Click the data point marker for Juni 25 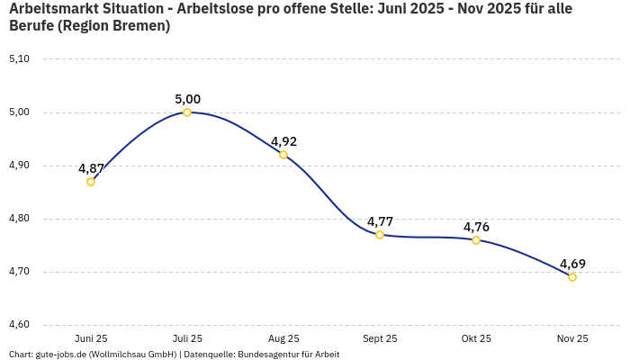click(91, 182)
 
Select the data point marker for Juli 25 click(187, 112)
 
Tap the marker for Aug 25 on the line click(283, 155)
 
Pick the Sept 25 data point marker click(380, 235)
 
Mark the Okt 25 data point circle click(476, 240)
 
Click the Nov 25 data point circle click(572, 277)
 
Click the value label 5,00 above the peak click(187, 99)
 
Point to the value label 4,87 click(91, 168)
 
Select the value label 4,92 click(283, 141)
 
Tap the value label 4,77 click(380, 221)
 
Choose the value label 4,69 click(572, 264)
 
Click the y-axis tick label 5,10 click(19, 59)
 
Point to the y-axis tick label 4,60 click(19, 325)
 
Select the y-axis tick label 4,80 click(19, 219)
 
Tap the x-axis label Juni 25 click(91, 338)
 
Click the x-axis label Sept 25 click(380, 338)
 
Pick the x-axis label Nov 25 click(572, 338)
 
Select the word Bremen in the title click(140, 26)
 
